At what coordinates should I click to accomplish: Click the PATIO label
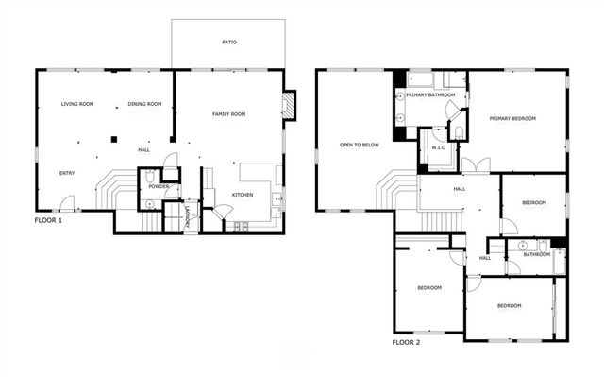[228, 43]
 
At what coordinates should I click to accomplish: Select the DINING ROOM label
[144, 104]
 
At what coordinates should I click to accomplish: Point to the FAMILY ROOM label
[228, 113]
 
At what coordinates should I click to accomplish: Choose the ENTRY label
[67, 173]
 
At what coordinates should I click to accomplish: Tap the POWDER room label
[158, 186]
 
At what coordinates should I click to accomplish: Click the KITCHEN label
[243, 195]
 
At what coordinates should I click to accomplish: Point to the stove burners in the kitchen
[241, 227]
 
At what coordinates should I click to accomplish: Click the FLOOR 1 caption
[47, 220]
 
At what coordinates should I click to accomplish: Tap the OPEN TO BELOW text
[360, 145]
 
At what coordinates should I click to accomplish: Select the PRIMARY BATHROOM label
[430, 94]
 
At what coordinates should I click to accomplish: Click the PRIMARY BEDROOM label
[512, 118]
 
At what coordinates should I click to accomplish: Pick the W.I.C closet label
[438, 147]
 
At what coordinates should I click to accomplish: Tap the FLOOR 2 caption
[406, 342]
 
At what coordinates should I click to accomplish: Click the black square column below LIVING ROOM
[112, 140]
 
